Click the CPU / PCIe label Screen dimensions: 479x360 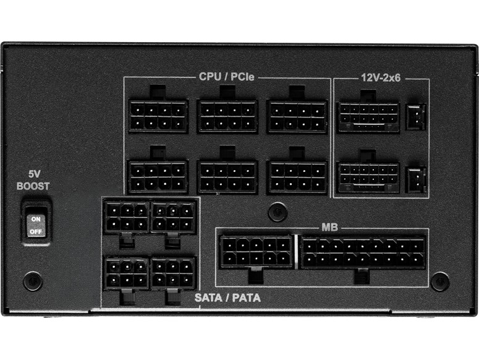click(x=226, y=77)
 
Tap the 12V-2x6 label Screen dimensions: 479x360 click(x=381, y=78)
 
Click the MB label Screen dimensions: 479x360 click(x=329, y=228)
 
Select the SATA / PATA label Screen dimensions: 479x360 click(x=227, y=298)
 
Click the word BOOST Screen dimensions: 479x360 click(x=33, y=186)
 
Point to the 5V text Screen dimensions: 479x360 click(x=34, y=174)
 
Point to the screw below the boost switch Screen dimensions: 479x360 click(x=33, y=281)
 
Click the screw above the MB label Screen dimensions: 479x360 click(x=278, y=212)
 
